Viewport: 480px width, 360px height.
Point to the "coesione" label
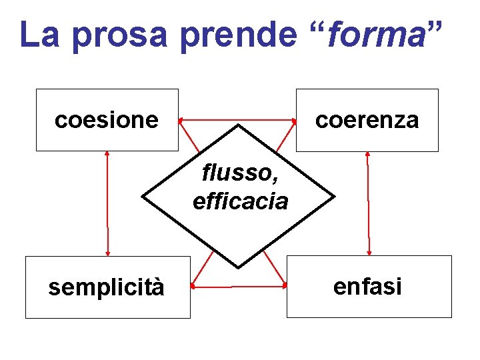[107, 120]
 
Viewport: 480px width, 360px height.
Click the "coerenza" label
[367, 120]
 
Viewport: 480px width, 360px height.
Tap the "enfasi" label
[367, 287]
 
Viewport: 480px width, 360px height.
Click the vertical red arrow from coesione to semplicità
[107, 203]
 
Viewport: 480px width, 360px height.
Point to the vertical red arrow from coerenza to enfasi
[368, 203]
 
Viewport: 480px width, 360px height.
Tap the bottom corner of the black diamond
[238, 267]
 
